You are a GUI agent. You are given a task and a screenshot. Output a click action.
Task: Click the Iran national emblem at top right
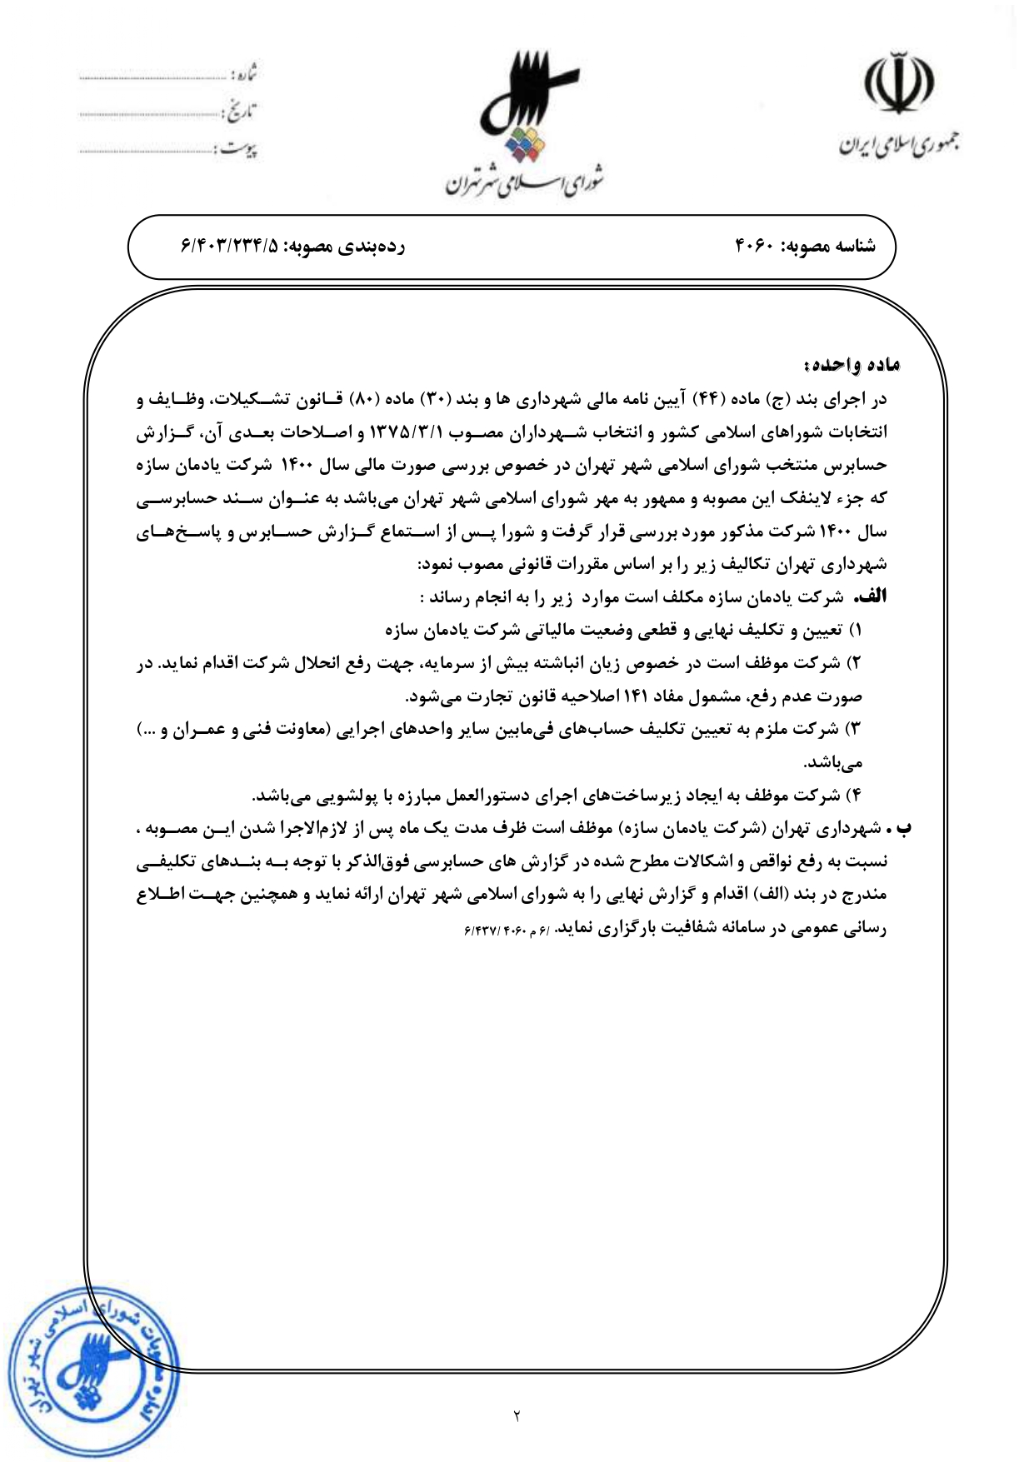point(897,83)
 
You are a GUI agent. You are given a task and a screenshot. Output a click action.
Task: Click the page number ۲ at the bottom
point(517,1415)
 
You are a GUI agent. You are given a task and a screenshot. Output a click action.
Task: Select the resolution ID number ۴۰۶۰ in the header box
point(755,247)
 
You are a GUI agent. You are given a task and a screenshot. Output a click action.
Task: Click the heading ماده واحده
point(852,365)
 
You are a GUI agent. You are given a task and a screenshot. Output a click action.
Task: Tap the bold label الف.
point(873,597)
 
